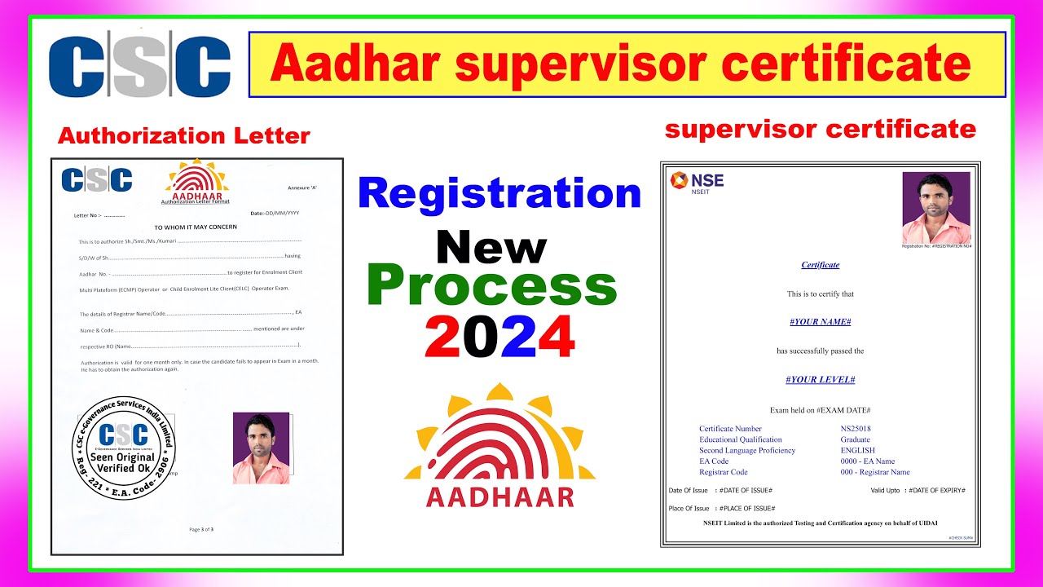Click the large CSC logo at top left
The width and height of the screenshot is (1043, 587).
click(x=139, y=66)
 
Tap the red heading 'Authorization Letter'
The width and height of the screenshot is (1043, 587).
click(x=184, y=135)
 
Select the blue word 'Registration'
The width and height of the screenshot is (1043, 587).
click(x=499, y=194)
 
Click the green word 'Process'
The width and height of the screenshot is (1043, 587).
click(x=492, y=285)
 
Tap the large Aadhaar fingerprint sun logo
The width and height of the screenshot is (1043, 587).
click(x=499, y=432)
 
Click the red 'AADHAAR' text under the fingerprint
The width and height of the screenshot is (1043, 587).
click(x=499, y=497)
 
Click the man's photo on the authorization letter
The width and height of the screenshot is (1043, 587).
click(x=261, y=448)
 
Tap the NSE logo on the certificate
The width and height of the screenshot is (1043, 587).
click(x=697, y=183)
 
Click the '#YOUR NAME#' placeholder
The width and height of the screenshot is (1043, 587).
click(x=820, y=322)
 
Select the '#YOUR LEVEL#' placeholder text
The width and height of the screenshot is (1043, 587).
click(x=820, y=380)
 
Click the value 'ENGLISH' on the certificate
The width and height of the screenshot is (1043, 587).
click(x=857, y=451)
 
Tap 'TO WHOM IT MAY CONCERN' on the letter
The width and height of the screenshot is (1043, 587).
click(x=196, y=227)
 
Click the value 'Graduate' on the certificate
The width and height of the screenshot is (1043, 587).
click(x=856, y=439)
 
